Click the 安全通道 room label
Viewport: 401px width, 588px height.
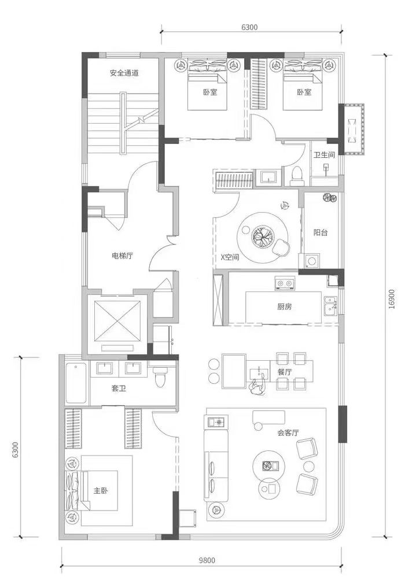[124, 73]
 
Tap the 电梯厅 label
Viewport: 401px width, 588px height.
[123, 256]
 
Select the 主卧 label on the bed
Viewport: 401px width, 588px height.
[101, 490]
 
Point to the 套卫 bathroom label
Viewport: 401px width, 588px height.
[119, 389]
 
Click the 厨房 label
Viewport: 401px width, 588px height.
[285, 307]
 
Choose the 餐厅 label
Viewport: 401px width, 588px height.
[285, 372]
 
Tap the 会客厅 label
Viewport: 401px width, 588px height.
[288, 432]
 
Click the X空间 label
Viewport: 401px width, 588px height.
[229, 257]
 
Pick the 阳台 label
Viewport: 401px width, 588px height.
[321, 232]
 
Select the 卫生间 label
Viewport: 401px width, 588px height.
[324, 154]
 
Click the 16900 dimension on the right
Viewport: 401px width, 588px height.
[392, 298]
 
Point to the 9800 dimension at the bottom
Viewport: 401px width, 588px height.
[207, 560]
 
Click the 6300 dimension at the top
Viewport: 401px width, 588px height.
[250, 27]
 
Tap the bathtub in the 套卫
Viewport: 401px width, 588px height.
[76, 383]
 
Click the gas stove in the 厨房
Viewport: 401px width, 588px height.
[284, 283]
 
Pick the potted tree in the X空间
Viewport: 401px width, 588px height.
[262, 236]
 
